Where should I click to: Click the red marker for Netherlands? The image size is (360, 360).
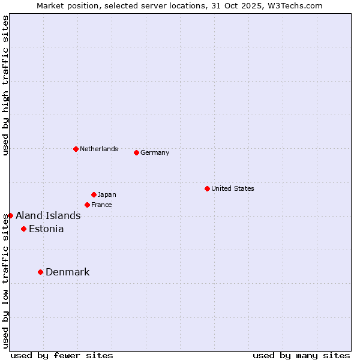tap(76, 149)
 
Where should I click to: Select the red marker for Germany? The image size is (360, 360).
tap(136, 152)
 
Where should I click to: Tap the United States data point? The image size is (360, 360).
tap(207, 188)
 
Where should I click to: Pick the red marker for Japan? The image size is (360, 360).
tap(94, 194)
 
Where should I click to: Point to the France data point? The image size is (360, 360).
tap(87, 205)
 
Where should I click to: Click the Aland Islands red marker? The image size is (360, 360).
tap(10, 215)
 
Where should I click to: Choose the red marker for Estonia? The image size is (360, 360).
tap(23, 229)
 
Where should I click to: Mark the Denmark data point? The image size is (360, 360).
tap(40, 272)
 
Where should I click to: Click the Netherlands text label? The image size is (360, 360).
tap(99, 149)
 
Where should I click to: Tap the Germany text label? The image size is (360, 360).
tap(155, 152)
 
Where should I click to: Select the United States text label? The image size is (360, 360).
tap(233, 188)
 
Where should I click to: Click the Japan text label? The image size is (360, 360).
tap(107, 194)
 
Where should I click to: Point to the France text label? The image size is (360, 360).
tap(102, 205)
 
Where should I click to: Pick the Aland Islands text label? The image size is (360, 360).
tap(48, 215)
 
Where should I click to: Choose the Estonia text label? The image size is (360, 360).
tap(46, 229)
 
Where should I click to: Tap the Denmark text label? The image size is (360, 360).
tap(68, 272)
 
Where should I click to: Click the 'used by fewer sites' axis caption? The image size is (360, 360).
tap(62, 355)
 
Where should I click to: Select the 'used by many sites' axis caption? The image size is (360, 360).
tap(301, 355)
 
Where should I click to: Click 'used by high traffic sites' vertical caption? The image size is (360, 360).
tap(5, 86)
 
